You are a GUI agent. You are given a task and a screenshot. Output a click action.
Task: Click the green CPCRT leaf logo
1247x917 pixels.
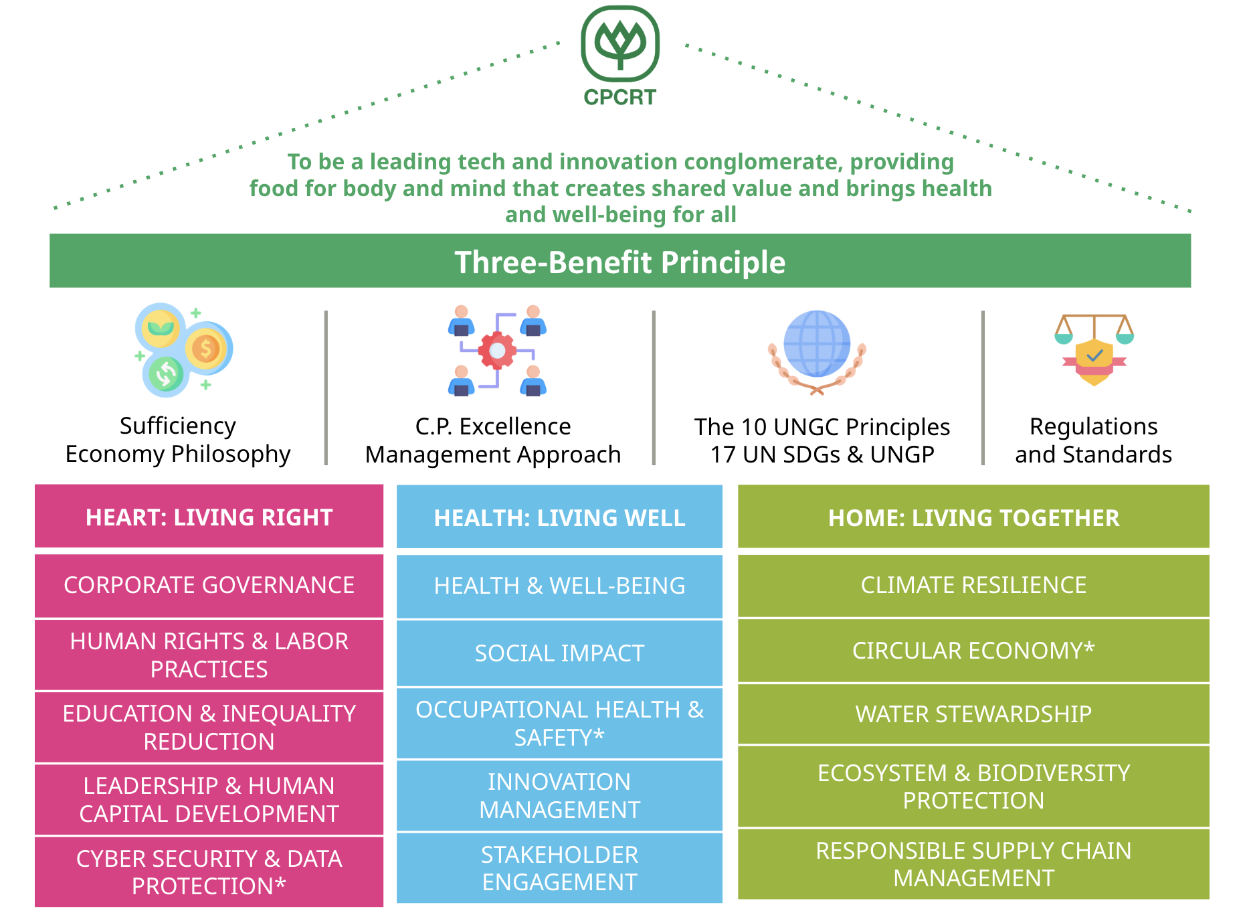pyautogui.click(x=620, y=44)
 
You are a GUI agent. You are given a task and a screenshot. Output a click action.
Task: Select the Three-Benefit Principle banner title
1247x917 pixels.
pyautogui.click(x=619, y=262)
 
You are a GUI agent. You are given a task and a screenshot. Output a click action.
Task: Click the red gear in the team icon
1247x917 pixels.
pyautogui.click(x=497, y=350)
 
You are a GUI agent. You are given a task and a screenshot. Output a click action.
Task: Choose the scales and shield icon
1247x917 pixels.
pyautogui.click(x=1094, y=349)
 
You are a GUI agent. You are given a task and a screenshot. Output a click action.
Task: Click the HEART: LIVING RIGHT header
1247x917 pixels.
pyautogui.click(x=209, y=517)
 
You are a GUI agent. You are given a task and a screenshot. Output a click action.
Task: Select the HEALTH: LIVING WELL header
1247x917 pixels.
pyautogui.click(x=559, y=518)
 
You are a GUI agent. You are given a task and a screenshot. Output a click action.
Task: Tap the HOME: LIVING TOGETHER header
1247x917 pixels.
pyautogui.click(x=973, y=518)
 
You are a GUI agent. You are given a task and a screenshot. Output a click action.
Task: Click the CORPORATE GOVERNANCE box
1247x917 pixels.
pyautogui.click(x=209, y=585)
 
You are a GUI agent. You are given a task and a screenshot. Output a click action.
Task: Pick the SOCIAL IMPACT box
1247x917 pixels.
pyautogui.click(x=559, y=653)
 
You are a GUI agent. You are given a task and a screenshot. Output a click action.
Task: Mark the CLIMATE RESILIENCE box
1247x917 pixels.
pyautogui.click(x=973, y=585)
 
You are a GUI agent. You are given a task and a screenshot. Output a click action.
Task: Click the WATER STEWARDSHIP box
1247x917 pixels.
pyautogui.click(x=973, y=714)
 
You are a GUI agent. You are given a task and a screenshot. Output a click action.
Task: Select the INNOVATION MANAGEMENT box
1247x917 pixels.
pyautogui.click(x=559, y=796)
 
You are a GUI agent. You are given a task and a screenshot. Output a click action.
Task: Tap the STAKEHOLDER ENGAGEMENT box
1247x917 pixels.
pyautogui.click(x=559, y=868)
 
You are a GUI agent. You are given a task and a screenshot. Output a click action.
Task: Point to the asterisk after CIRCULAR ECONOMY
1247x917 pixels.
pyautogui.click(x=1089, y=647)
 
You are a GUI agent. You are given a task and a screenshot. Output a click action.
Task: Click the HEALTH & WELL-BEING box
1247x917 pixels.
pyautogui.click(x=559, y=586)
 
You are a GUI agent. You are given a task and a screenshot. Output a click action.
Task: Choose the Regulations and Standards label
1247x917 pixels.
pyautogui.click(x=1093, y=440)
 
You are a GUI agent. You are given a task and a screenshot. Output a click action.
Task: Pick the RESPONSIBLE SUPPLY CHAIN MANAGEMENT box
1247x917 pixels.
pyautogui.click(x=973, y=864)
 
